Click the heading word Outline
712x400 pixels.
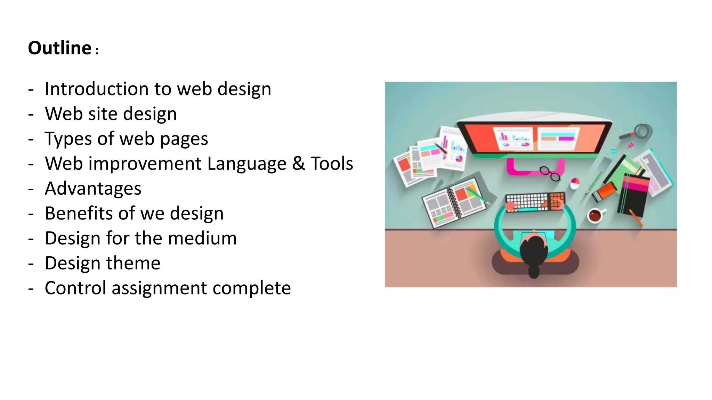(x=59, y=48)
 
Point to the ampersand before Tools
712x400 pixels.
(x=298, y=164)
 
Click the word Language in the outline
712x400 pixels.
(x=246, y=164)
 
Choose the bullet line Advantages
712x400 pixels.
(x=93, y=189)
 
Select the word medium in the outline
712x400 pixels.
(x=202, y=238)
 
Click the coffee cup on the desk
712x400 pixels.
(x=595, y=215)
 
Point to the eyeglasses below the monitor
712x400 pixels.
(x=550, y=173)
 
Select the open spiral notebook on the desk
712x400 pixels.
(x=454, y=202)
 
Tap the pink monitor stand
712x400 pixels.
(x=535, y=166)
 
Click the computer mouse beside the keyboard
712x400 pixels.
(x=575, y=183)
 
